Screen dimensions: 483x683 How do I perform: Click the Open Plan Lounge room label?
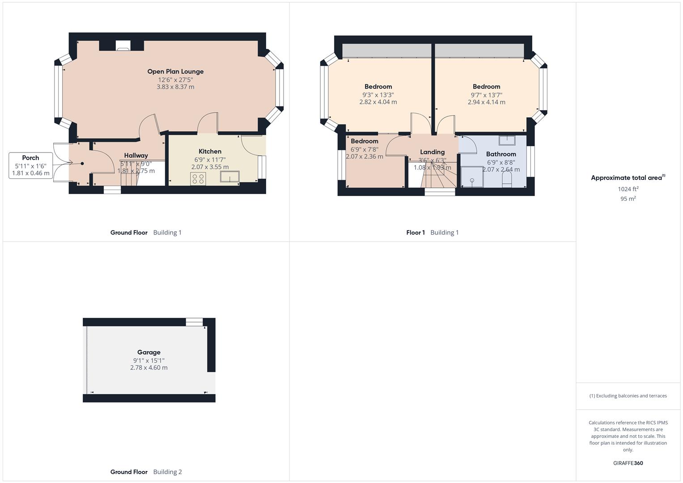tap(175, 72)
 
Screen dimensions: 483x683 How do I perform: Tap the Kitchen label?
tap(210, 152)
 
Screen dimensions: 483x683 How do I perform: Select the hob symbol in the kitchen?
tap(198, 179)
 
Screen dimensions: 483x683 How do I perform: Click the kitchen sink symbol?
tap(229, 177)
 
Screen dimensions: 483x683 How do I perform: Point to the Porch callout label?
tap(30, 158)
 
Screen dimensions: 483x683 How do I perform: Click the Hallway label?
tap(136, 156)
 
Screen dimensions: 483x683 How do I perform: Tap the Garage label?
tap(148, 352)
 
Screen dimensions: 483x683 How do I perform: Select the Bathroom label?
tap(501, 154)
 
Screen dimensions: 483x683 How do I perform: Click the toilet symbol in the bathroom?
tap(507, 180)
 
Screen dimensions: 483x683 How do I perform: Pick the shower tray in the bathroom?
tap(472, 177)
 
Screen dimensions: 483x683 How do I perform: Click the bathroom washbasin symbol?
tap(507, 140)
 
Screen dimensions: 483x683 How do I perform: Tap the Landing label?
tap(432, 152)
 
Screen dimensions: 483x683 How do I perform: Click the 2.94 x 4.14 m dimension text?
tap(486, 102)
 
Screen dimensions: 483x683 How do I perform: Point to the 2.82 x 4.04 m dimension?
tap(378, 102)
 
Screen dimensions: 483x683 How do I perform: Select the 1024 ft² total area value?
tap(628, 189)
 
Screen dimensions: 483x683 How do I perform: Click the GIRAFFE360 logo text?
tap(628, 463)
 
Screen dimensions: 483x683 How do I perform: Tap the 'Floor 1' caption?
tap(416, 233)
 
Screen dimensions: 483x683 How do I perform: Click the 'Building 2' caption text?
tap(167, 472)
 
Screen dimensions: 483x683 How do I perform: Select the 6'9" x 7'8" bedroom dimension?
tap(364, 149)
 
